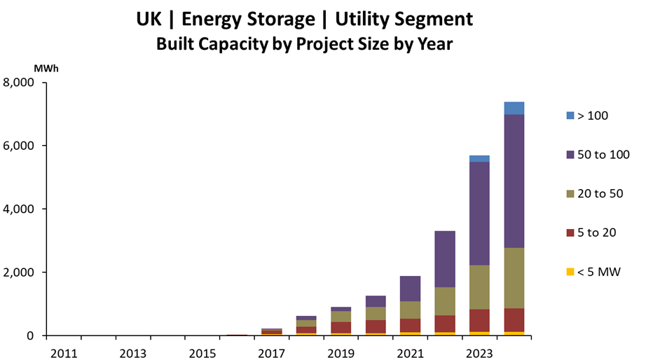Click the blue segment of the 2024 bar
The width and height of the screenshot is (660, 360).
(514, 108)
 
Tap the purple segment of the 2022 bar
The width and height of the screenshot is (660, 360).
(445, 259)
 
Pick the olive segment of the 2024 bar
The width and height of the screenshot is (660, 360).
(514, 278)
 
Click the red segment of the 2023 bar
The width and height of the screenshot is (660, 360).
(479, 320)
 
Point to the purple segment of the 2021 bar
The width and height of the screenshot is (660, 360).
(411, 289)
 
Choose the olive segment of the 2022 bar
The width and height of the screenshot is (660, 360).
(445, 301)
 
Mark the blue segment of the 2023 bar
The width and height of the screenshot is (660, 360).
(479, 158)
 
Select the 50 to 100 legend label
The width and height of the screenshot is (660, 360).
(603, 154)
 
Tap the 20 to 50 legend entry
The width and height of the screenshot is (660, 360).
(600, 193)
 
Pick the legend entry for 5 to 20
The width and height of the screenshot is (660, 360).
(596, 233)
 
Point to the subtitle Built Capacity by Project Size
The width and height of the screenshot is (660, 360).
(280, 45)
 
